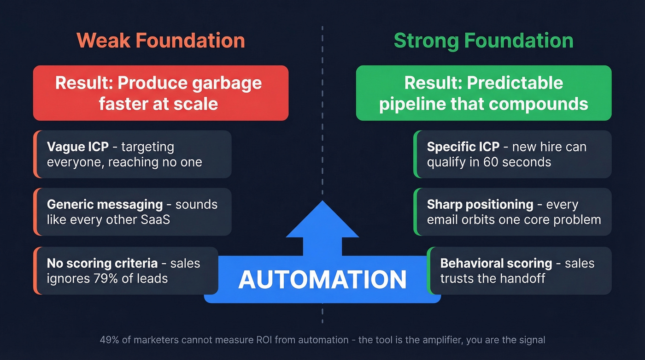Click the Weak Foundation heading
[161, 41]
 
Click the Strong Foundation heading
[484, 41]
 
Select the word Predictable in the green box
[515, 83]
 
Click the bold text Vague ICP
[77, 147]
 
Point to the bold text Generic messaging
[105, 204]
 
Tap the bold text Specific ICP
[463, 147]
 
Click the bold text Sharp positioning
[480, 204]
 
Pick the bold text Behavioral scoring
[496, 263]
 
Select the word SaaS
[155, 219]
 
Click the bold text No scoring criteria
[102, 263]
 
